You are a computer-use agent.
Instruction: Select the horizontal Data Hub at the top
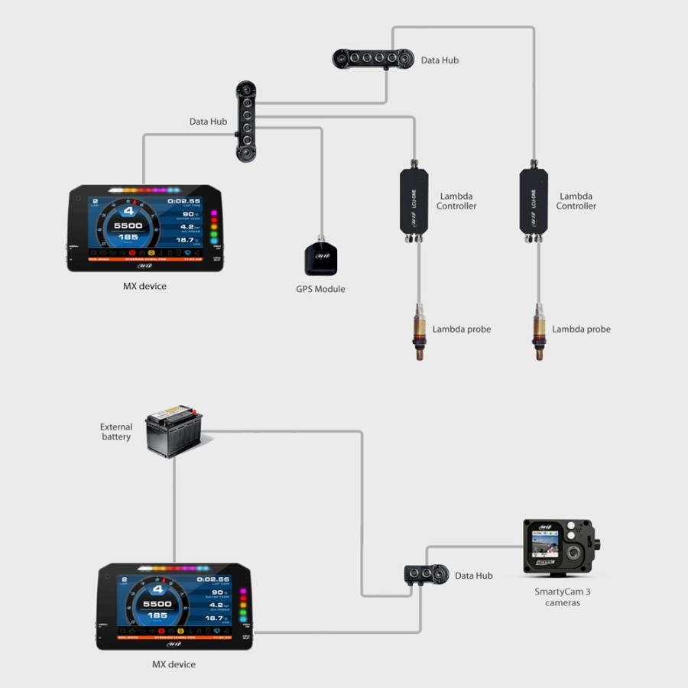[373, 59]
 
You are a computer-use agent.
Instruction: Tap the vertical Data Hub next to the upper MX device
[245, 122]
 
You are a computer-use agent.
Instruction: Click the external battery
[175, 431]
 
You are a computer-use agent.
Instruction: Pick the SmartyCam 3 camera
[560, 547]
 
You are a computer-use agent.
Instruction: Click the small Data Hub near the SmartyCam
[426, 574]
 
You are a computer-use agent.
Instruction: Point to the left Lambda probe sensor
[418, 331]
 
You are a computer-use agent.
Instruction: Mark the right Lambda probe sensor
[538, 331]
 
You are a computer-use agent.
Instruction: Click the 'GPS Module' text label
[320, 289]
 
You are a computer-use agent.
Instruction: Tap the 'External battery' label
[116, 432]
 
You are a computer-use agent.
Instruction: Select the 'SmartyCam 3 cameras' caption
[563, 597]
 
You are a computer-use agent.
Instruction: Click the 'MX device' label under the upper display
[144, 287]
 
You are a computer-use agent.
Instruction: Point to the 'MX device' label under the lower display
[174, 664]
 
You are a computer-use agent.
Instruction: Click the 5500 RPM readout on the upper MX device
[128, 226]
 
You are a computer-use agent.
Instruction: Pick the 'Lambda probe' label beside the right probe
[581, 329]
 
